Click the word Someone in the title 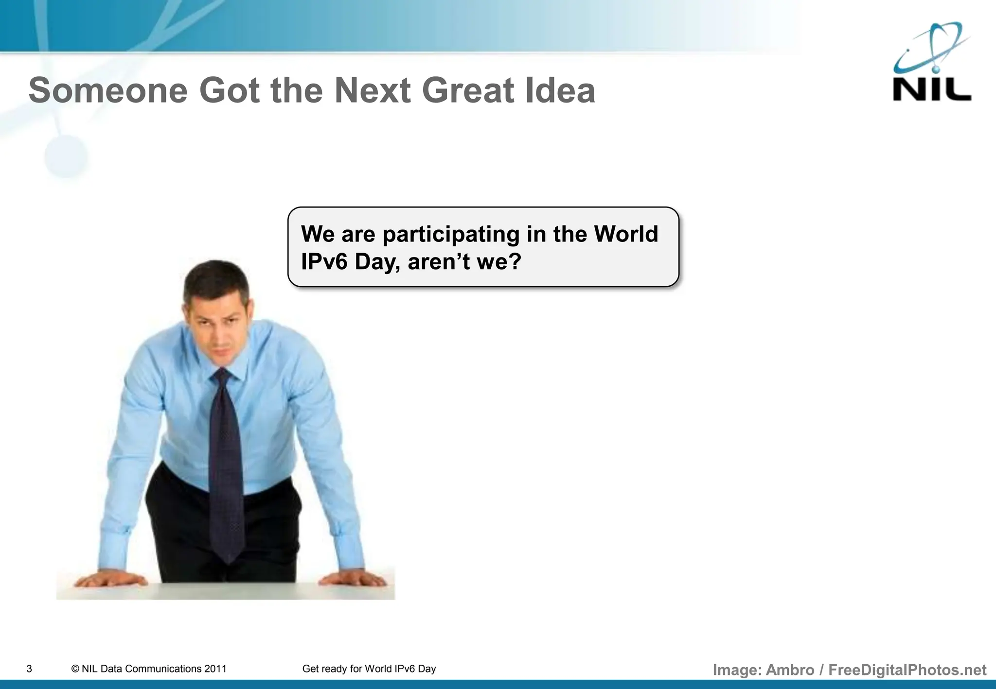click(x=108, y=91)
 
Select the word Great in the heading click(x=467, y=91)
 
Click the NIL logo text click(x=931, y=90)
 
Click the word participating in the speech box click(x=451, y=234)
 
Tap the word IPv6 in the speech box click(x=324, y=262)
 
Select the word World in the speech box click(x=626, y=234)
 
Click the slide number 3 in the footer click(x=29, y=669)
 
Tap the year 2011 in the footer click(x=215, y=669)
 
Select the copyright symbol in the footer click(x=75, y=669)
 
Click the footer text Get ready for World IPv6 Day click(x=369, y=669)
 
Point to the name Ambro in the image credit click(x=790, y=670)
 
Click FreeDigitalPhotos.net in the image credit click(x=907, y=670)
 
